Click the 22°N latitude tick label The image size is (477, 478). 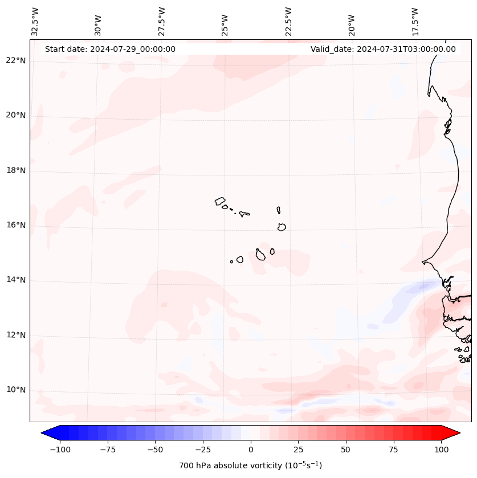coord(16,61)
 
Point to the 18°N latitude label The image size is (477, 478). coord(16,170)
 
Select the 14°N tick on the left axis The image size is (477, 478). coord(16,280)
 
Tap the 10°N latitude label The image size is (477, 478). coord(16,390)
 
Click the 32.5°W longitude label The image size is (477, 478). coord(35,22)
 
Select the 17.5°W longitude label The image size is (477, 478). coord(415,22)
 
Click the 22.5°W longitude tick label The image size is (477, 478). coord(288,22)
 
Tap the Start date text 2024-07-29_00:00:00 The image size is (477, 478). coord(110,49)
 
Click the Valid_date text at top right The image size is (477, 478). coord(383,49)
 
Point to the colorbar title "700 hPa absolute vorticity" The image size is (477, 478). coord(250,465)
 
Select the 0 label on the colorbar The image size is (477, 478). coord(251,450)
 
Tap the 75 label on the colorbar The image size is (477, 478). coord(394,450)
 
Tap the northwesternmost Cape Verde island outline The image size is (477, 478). coord(220,201)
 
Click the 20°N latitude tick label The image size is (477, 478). coord(16,115)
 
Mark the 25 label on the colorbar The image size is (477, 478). coord(298,450)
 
